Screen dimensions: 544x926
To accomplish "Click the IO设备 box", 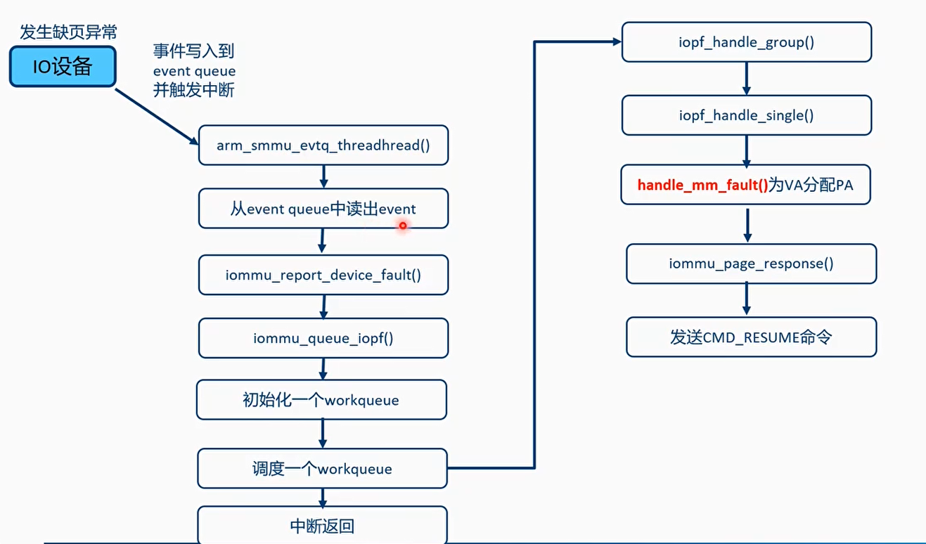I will (62, 67).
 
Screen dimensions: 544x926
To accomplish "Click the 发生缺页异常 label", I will (69, 32).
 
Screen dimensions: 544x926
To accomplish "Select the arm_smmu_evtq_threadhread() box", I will (323, 145).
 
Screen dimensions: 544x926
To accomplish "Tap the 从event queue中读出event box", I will (323, 209).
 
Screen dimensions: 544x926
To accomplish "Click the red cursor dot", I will (403, 226).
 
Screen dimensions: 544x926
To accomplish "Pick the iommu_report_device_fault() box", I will (323, 275).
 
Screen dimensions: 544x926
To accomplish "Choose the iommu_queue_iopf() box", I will (323, 338).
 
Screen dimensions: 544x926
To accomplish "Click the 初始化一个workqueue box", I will (321, 401).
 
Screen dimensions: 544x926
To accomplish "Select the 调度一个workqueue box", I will (322, 469).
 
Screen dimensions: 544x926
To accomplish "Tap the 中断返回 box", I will (322, 526).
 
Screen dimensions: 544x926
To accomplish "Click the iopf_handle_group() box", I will (746, 42).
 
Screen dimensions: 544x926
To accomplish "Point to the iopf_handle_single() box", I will (746, 115).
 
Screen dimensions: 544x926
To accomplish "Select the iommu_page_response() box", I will (751, 264).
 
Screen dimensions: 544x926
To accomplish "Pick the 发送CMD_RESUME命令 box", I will (751, 337).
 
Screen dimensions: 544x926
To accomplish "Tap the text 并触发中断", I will (194, 90).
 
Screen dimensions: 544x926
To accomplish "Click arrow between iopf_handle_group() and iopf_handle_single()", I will (746, 79).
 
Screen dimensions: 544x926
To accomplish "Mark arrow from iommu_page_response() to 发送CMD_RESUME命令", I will (747, 300).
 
